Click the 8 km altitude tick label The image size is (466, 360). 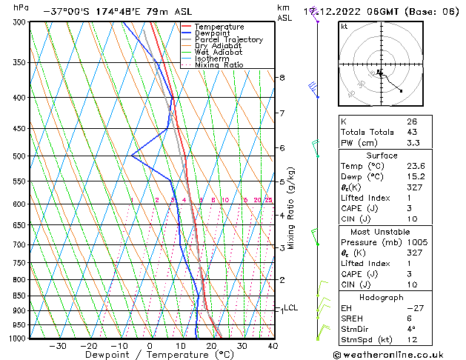282,77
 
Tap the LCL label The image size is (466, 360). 290,308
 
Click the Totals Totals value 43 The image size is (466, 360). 412,132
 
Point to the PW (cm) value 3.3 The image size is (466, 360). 412,143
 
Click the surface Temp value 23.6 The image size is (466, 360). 415,167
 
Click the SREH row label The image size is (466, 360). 353,319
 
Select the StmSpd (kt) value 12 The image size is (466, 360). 412,340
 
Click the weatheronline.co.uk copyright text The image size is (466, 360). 398,354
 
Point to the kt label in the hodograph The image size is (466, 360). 344,27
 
